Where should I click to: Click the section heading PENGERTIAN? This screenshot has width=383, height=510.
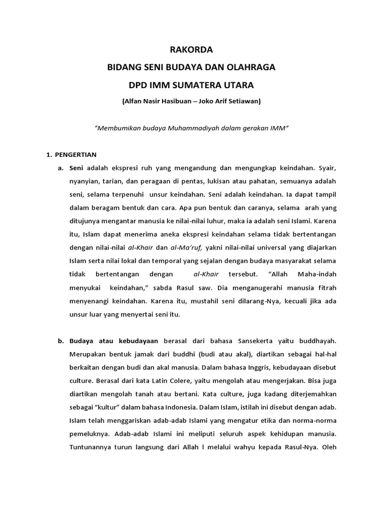coord(76,154)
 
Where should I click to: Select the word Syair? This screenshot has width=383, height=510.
coord(327,168)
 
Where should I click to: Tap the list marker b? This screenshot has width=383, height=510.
coord(61,341)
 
